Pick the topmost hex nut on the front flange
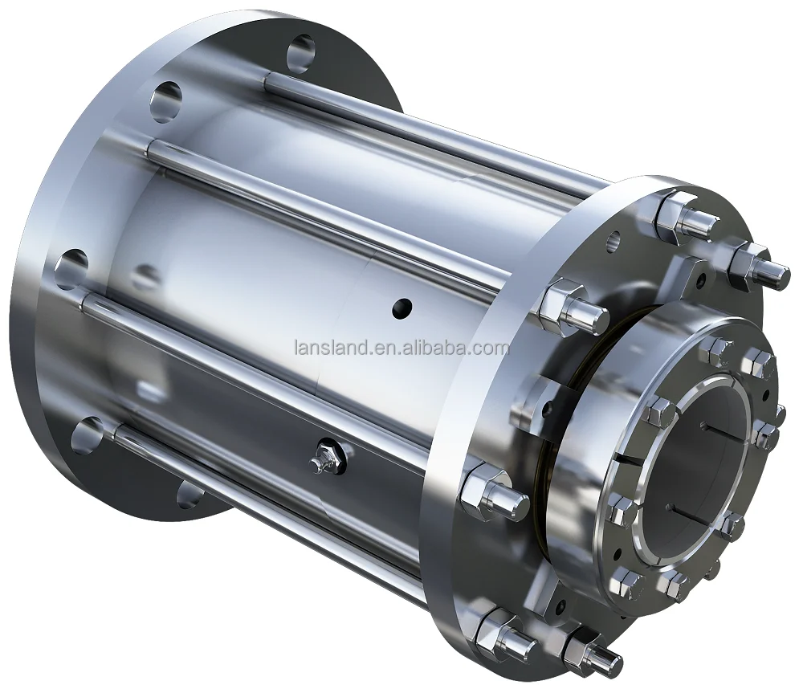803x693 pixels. coord(677,210)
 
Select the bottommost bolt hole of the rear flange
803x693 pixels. coord(190,494)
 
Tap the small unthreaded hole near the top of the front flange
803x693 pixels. coord(613,238)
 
